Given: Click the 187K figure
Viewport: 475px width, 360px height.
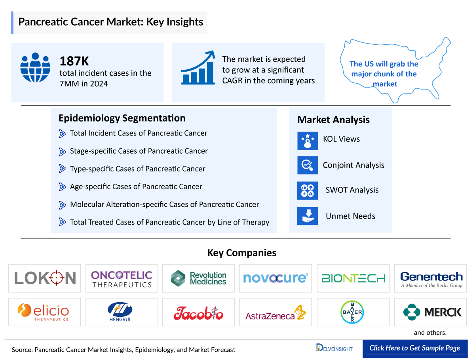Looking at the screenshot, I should coord(74,61).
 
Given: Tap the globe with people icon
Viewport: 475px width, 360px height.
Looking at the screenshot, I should coord(35,67).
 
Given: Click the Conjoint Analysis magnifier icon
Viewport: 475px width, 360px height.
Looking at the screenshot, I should coord(308,165).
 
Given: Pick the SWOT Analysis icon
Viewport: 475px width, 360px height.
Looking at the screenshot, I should coord(308,190).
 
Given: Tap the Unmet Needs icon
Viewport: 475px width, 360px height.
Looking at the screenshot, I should coord(308,216).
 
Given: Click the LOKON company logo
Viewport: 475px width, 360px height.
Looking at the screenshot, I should coord(45,278).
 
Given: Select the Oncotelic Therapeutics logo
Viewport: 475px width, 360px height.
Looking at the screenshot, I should coord(122,278).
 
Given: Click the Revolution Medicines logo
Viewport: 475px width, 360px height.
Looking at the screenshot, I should coord(199,278).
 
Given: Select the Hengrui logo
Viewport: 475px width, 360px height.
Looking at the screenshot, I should coord(122,312).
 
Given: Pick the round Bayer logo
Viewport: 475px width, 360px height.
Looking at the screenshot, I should coord(353,312).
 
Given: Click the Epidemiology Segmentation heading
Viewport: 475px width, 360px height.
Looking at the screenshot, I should coord(122,118).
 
